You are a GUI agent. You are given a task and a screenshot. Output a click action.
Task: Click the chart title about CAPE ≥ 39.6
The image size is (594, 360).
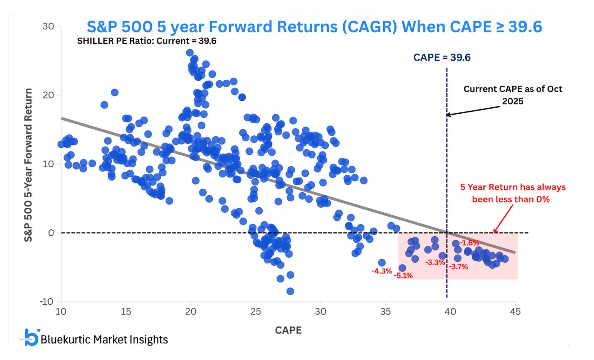pos(314,27)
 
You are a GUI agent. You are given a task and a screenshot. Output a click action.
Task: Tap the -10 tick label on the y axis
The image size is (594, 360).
pos(47,302)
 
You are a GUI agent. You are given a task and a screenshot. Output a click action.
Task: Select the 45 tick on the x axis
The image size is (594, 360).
pos(515,311)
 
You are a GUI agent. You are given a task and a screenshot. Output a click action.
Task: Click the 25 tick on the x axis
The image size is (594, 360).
pos(256,311)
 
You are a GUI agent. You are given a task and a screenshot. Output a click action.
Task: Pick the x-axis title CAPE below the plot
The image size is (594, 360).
pos(288,330)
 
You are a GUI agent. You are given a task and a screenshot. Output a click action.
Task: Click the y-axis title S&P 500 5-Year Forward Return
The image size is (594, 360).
pos(29,165)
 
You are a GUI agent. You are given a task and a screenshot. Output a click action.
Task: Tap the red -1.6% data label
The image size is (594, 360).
pos(469,243)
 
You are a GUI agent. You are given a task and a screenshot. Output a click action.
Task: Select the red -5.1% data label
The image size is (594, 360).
pos(403,276)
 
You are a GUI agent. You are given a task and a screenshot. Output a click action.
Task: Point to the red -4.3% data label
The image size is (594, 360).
pos(381,271)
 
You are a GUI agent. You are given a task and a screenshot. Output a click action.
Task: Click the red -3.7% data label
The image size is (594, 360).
pos(458,267)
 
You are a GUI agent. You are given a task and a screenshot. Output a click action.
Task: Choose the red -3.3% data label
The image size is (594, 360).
pos(435,263)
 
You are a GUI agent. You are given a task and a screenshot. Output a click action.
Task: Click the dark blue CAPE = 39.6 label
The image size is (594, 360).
pos(442,58)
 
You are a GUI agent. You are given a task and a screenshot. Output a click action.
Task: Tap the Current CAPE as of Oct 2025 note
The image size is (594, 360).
pos(513,95)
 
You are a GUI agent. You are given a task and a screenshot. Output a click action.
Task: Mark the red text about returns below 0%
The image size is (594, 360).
pos(513,193)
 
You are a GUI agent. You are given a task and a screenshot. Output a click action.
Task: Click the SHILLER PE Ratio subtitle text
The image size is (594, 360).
pos(147,41)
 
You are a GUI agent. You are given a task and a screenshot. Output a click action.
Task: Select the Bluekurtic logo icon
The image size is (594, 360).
pos(31,337)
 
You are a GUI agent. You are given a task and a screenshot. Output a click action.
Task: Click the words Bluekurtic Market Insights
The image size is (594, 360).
pos(104,340)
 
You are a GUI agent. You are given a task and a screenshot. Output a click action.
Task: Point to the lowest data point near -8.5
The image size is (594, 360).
pos(290,291)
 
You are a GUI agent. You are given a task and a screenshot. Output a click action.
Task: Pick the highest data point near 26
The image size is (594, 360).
pos(190,53)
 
